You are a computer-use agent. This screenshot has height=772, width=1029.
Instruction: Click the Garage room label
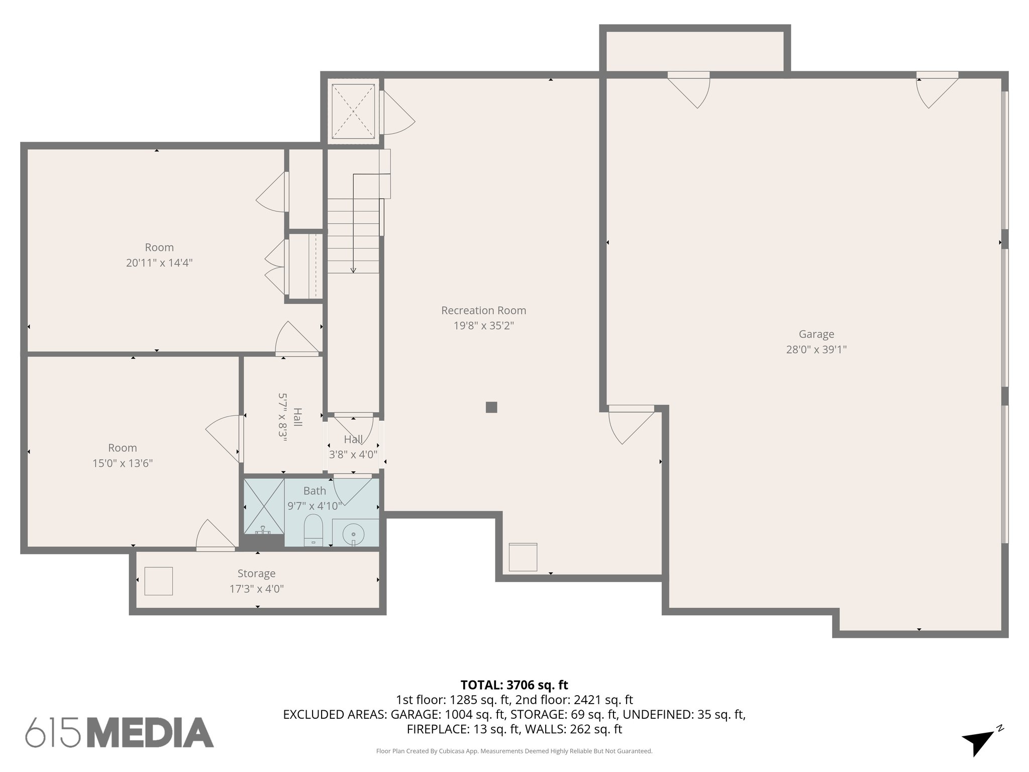tap(816, 334)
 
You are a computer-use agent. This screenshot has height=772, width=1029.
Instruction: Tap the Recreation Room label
tap(483, 311)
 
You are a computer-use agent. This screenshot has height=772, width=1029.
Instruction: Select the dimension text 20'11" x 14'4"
tap(159, 263)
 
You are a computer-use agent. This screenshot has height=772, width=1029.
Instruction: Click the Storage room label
tap(256, 573)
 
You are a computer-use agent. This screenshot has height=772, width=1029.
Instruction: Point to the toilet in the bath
tap(313, 529)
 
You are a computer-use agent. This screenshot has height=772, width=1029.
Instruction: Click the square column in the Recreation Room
tap(491, 407)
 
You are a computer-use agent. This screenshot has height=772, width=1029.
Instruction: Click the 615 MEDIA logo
tap(120, 733)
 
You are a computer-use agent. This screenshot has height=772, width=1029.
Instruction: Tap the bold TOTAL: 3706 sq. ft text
tap(514, 685)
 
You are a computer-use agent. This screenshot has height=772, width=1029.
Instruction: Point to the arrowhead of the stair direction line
tap(353, 270)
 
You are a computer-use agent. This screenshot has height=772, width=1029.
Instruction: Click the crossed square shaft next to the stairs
tap(353, 111)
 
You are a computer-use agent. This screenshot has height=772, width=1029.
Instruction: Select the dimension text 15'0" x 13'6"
tap(123, 463)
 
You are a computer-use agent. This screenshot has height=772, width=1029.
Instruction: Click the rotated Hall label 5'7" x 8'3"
tap(290, 417)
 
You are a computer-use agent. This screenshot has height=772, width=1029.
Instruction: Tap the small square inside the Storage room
tap(159, 581)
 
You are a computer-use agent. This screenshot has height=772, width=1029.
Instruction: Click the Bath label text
tap(315, 491)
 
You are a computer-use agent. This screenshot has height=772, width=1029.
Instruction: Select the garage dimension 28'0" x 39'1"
tap(816, 350)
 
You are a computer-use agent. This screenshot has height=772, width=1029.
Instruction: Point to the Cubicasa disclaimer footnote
tap(514, 751)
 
